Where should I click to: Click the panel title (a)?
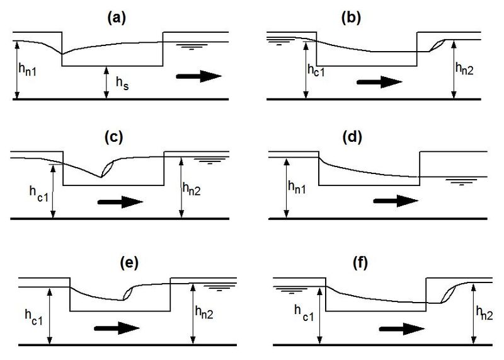(x=117, y=18)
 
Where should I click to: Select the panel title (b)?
(x=351, y=18)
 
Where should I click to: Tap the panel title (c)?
(x=114, y=137)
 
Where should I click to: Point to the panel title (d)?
(x=352, y=137)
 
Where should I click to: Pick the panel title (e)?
(x=129, y=263)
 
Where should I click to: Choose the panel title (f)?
(x=360, y=263)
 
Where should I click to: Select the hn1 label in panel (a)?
(x=28, y=69)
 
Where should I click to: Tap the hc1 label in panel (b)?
(x=316, y=70)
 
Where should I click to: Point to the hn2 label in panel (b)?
(x=464, y=69)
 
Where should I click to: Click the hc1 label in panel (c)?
(x=39, y=194)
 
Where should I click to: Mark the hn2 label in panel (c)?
(x=192, y=189)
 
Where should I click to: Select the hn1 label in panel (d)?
(x=297, y=187)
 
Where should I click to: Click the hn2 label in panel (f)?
(x=484, y=313)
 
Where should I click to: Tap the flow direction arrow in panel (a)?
(x=199, y=76)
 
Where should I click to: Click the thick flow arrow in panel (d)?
(x=396, y=201)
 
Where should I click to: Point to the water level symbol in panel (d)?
(x=462, y=182)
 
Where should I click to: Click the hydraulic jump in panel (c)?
(x=107, y=168)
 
